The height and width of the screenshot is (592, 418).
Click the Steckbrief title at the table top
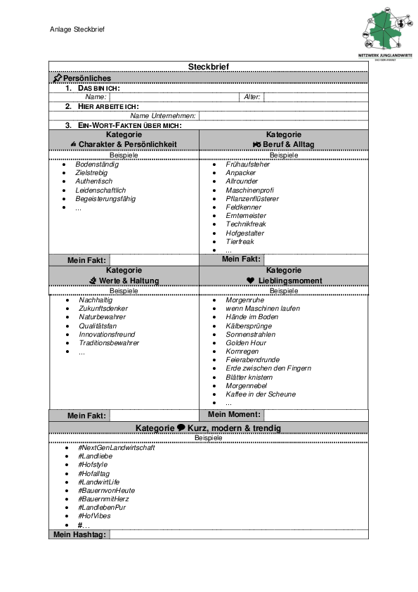point(208,67)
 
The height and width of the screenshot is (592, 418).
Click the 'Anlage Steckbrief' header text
point(77,30)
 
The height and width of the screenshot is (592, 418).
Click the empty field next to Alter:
point(315,97)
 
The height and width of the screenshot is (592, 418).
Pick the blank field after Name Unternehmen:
point(283,115)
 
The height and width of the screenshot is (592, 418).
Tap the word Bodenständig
point(97,165)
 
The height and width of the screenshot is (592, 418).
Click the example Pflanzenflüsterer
point(252,199)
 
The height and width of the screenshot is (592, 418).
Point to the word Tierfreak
point(240,241)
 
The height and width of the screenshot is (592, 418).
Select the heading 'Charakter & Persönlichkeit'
point(127,144)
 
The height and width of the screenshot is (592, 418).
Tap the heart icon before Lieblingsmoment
point(250,281)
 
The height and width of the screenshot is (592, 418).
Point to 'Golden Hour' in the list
point(245,343)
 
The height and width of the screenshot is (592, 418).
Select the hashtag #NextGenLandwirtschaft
point(117,448)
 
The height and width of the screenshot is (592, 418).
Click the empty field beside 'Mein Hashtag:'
point(239,535)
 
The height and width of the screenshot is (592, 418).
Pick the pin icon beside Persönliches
point(58,77)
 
